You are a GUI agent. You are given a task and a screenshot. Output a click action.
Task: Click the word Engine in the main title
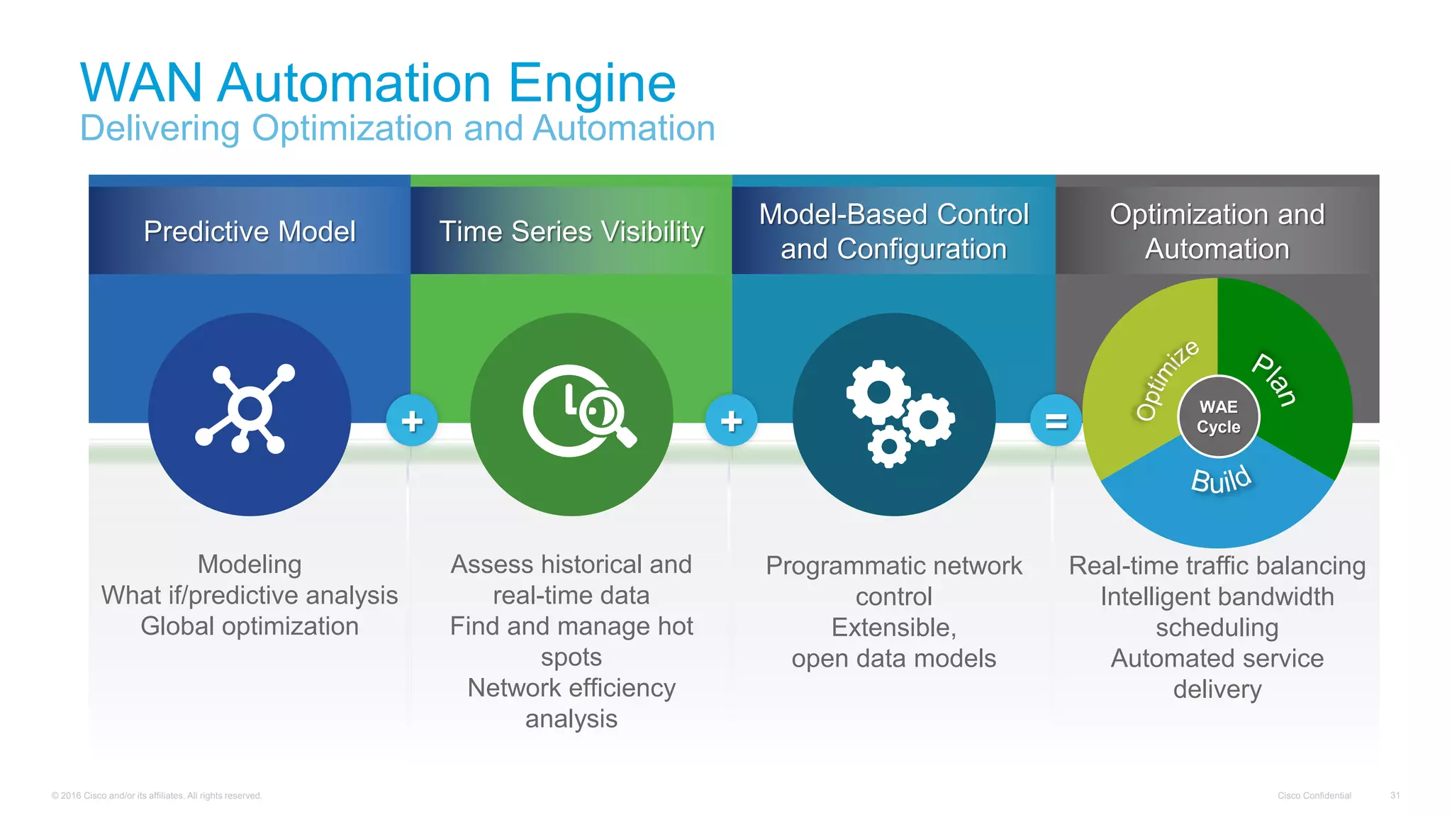coord(591,84)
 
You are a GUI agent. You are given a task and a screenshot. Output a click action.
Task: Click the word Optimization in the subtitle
coord(352,129)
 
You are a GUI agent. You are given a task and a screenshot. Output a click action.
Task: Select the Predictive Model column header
coord(250,231)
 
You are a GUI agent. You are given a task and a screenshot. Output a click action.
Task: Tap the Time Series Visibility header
coord(571,231)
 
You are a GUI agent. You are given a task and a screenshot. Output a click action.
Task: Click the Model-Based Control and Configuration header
coord(893,231)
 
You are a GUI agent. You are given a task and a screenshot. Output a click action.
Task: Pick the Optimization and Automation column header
coord(1217,231)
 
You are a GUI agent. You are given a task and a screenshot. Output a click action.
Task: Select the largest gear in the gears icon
coord(878,392)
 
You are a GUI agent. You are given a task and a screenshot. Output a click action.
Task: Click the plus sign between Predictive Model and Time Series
coord(412,421)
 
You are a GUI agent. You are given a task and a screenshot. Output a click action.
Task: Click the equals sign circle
coord(1056,421)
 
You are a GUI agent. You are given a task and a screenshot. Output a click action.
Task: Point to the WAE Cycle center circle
coord(1218,417)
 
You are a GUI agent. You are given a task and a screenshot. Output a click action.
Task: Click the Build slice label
coord(1221,480)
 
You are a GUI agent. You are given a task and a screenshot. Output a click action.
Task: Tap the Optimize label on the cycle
coord(1166,379)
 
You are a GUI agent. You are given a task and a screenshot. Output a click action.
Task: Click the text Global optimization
coord(250,626)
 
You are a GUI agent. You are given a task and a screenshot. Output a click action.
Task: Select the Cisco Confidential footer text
coord(1314,796)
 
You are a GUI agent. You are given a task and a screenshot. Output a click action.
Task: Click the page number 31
coord(1395,796)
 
